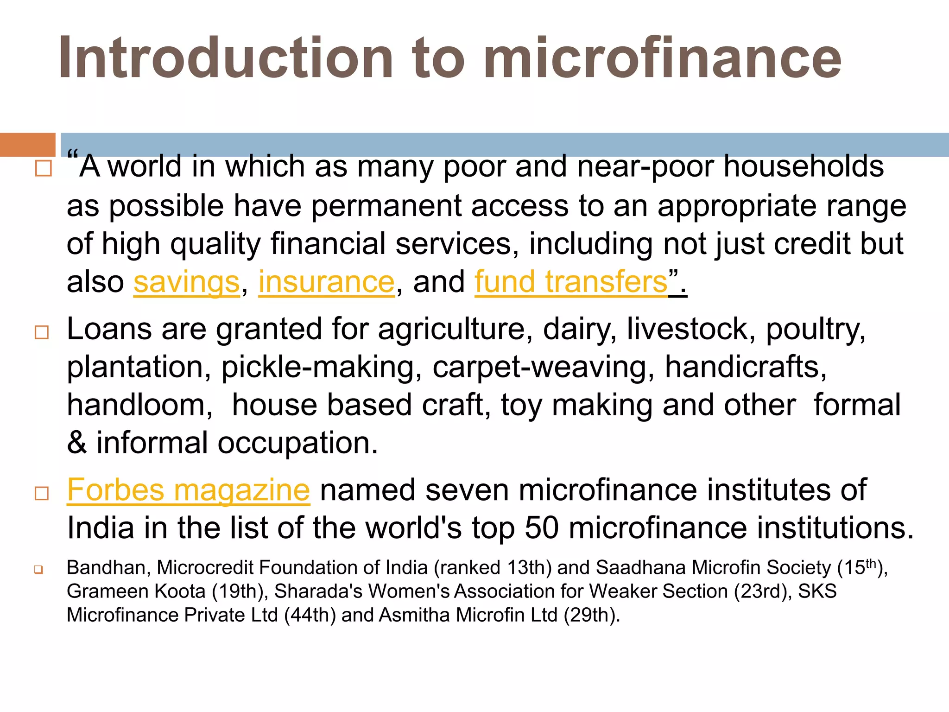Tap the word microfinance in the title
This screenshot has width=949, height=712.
663,58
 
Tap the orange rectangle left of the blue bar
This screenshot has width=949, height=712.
27,145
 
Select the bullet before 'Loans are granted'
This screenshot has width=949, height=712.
42,332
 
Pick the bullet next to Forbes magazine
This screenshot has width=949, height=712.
42,493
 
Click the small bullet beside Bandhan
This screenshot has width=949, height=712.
38,570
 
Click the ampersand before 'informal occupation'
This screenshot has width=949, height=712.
77,443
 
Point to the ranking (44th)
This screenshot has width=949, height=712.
310,615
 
